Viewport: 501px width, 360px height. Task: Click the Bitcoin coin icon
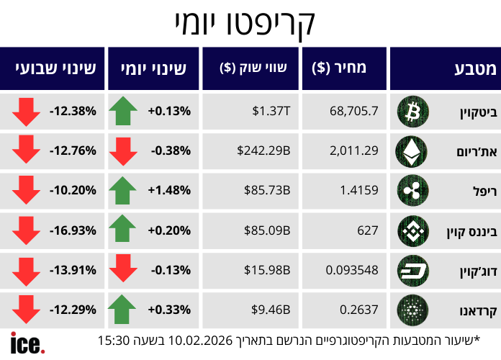[x=412, y=111]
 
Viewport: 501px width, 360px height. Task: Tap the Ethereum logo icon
[x=412, y=150]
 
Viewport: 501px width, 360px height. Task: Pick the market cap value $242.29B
[x=263, y=150]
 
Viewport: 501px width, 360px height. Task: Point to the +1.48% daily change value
[x=169, y=191]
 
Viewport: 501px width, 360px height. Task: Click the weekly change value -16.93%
[x=73, y=230]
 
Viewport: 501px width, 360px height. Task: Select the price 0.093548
[x=352, y=270]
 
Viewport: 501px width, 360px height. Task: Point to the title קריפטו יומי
[x=244, y=24]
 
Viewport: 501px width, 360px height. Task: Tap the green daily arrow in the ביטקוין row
[x=122, y=111]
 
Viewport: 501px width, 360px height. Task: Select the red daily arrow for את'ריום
[x=122, y=151]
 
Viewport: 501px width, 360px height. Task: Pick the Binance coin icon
[x=412, y=230]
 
